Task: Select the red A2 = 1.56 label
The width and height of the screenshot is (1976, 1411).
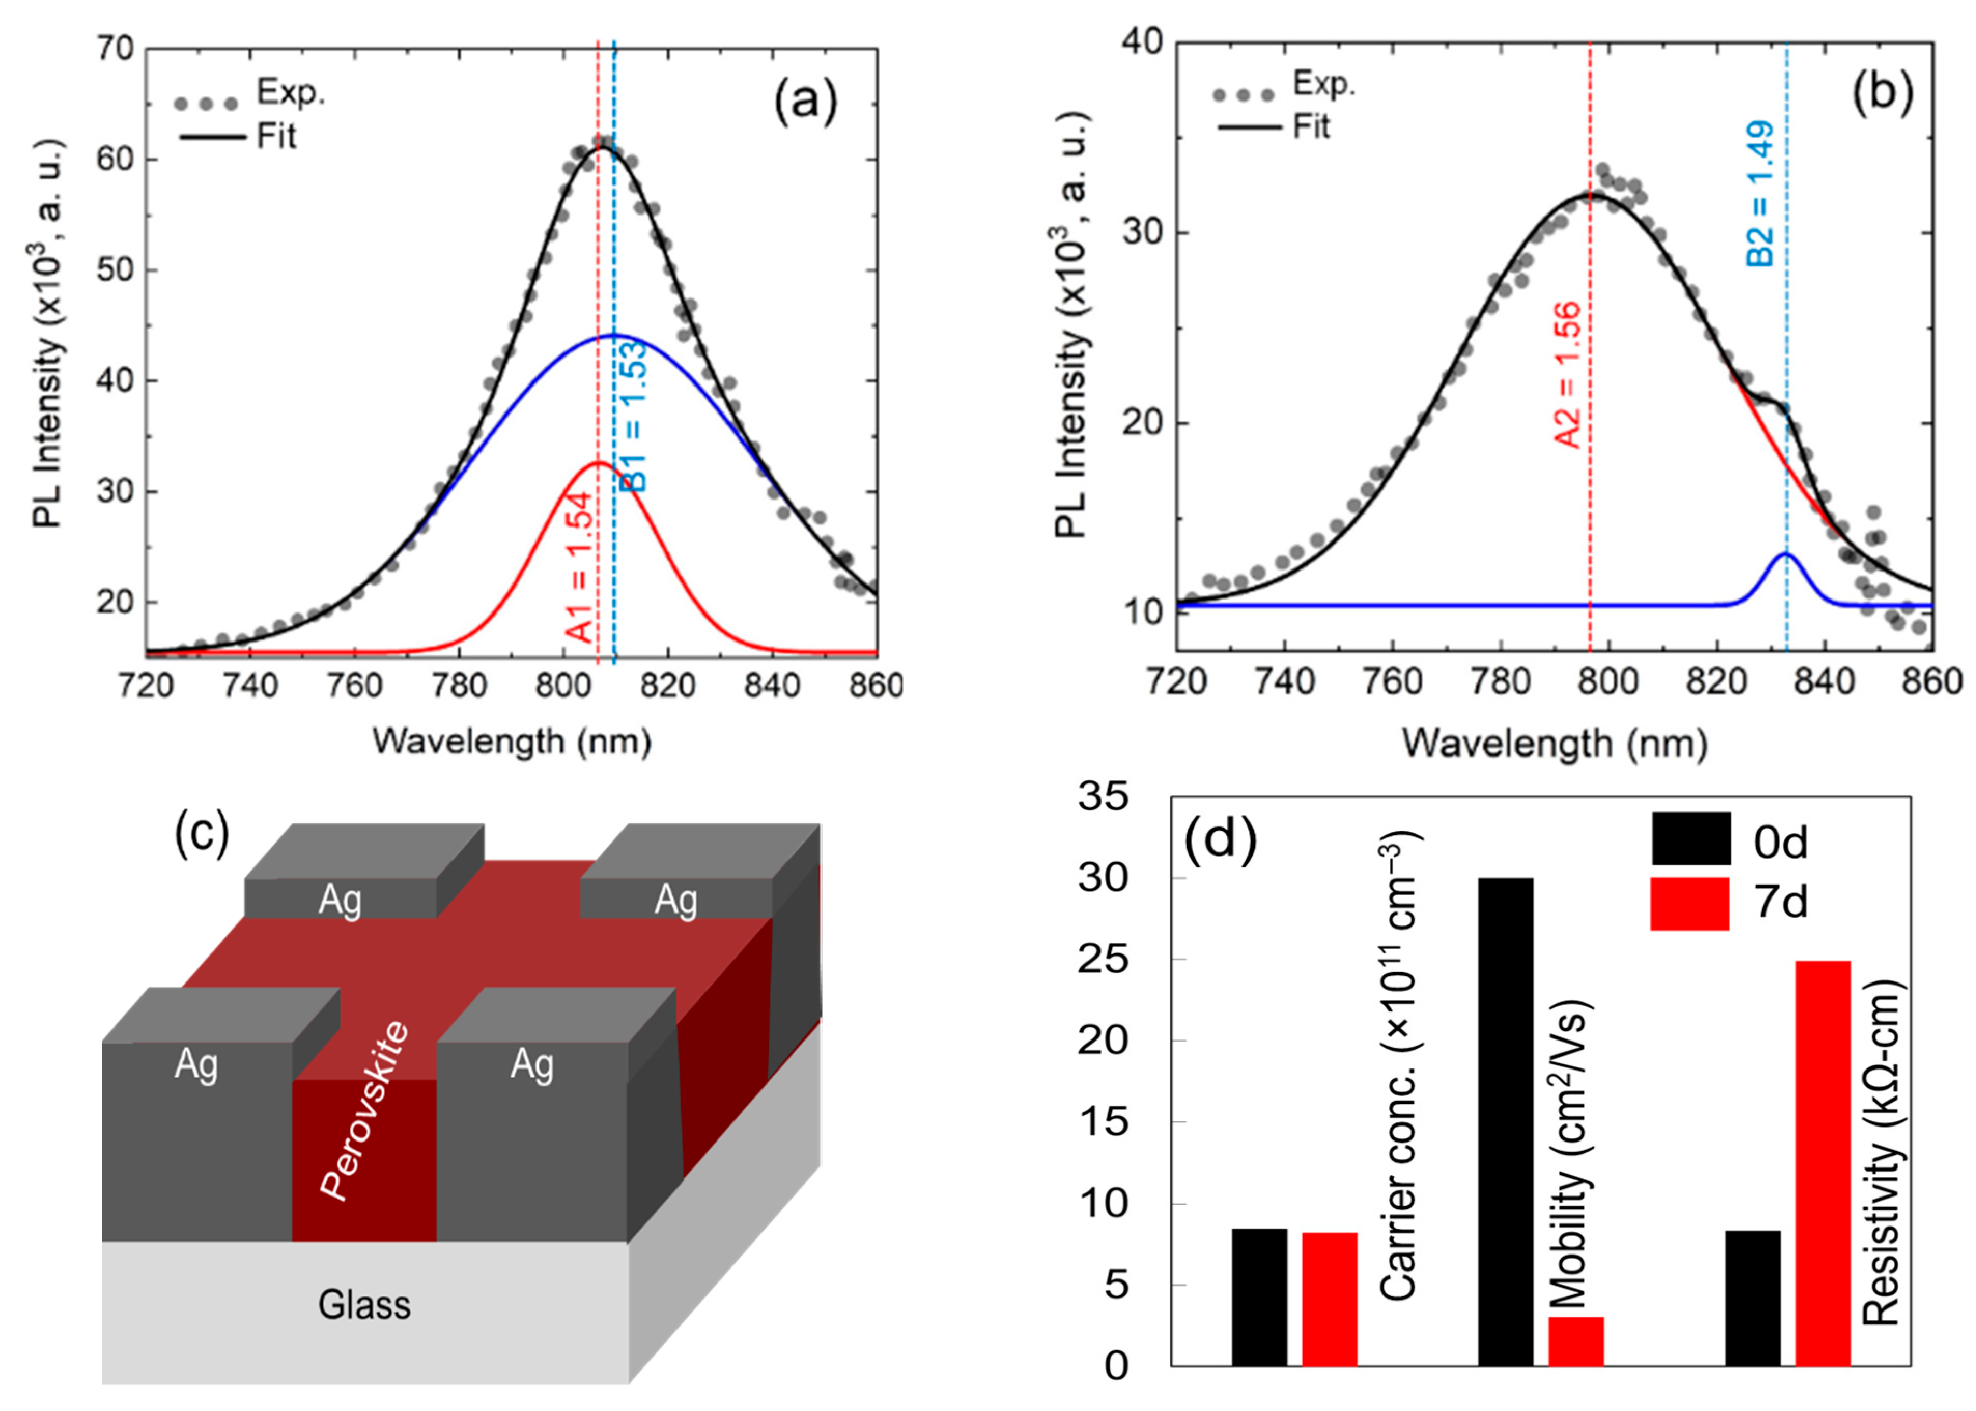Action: (x=1568, y=375)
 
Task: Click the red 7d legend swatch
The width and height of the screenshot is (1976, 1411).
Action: (x=1690, y=904)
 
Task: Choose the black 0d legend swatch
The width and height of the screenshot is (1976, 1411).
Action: (x=1690, y=838)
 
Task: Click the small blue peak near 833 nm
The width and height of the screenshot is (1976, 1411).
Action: (x=1787, y=555)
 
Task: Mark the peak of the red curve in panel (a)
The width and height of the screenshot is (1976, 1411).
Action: (x=598, y=463)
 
